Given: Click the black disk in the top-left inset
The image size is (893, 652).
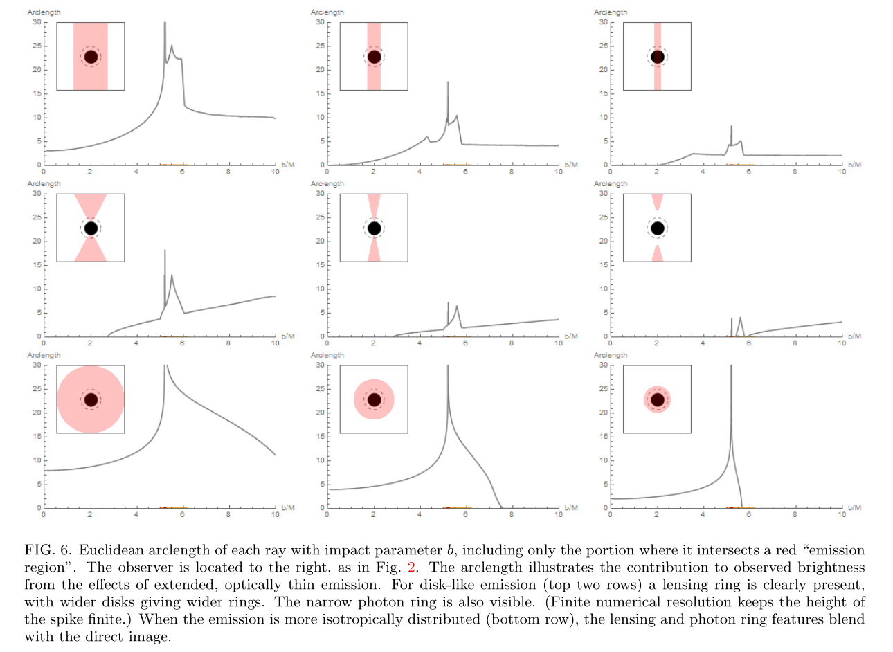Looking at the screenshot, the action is pos(91,57).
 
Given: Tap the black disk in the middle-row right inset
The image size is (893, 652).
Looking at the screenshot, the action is pos(658,228).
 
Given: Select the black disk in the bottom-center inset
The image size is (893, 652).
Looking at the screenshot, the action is pos(374,400).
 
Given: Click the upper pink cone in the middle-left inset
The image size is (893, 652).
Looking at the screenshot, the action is pos(91,206).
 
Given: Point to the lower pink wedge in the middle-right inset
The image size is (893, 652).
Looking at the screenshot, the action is pos(658,254).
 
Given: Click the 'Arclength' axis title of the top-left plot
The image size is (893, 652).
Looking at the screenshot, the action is pos(44,12).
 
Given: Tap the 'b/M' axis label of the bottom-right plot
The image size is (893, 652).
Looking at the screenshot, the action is pos(854,508).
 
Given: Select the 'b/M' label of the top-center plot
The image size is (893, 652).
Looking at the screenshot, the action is pos(571,165).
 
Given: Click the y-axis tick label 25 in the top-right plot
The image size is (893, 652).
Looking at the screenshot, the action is pos(603,46).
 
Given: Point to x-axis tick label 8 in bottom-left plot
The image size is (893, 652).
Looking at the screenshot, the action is pos(228,514).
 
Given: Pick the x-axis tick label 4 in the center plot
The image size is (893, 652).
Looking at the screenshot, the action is pos(420,343).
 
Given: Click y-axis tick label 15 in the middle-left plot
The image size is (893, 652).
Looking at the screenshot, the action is pos(37,265).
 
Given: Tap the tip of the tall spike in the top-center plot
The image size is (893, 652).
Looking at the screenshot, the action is pos(448,82).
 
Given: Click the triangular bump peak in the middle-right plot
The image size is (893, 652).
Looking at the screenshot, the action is pos(740,318).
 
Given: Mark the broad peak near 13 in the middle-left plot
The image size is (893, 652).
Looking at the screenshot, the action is pos(172,275).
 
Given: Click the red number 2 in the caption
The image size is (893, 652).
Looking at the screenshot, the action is pos(411,567).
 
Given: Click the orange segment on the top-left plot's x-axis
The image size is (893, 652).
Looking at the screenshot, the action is pos(174,164).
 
